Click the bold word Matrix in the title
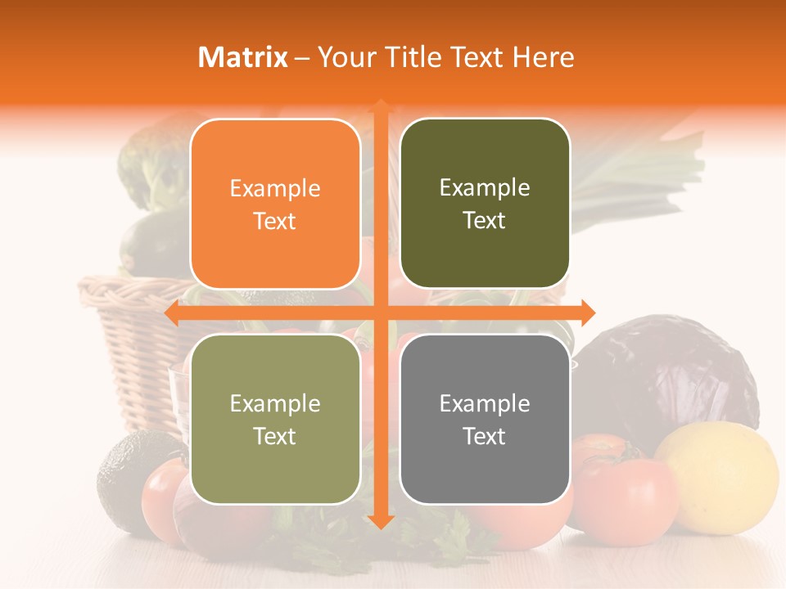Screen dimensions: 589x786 243,57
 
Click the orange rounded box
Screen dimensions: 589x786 275,204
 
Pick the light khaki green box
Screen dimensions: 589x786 275,419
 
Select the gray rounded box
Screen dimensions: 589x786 485,419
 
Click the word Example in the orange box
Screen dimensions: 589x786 275,188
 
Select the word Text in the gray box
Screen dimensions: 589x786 485,436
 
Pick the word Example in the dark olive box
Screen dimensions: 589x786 485,187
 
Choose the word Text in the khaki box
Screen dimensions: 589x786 275,436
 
